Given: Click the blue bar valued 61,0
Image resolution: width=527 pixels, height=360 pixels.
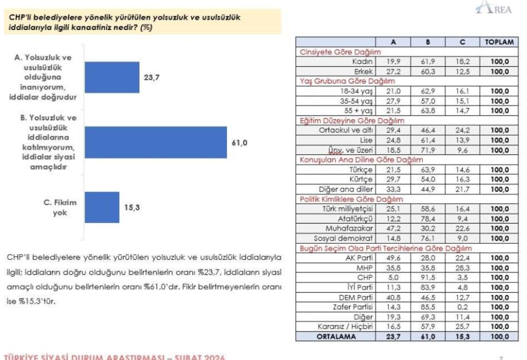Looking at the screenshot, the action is pos(156,142).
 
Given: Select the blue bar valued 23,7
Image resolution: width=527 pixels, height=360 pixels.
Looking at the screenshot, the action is pos(112,78).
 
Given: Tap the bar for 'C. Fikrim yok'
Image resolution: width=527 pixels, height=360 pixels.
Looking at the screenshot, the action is pos(102,207).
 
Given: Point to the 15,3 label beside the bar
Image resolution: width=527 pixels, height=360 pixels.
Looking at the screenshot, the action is pos(132,207).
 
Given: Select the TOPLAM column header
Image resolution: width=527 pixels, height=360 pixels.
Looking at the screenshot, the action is pos(499,41).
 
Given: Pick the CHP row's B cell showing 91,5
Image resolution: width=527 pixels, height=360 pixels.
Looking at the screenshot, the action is pos(428,277).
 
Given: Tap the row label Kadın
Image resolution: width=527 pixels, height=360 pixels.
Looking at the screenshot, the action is pos(363,61).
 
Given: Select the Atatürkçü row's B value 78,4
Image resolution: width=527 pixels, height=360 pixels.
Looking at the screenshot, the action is pos(428,218).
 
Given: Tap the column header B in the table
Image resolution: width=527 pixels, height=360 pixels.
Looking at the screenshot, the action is pos(428,41).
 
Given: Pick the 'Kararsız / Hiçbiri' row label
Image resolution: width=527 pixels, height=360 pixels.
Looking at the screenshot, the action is pos(345,327).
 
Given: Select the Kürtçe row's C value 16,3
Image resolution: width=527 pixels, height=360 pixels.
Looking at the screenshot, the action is pos(462,180).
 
